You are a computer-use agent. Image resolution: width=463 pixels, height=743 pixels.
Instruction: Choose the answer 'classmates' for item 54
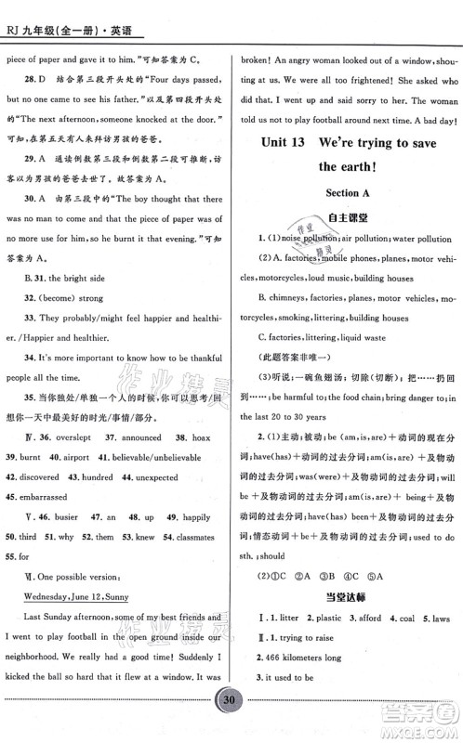(x=194, y=536)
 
